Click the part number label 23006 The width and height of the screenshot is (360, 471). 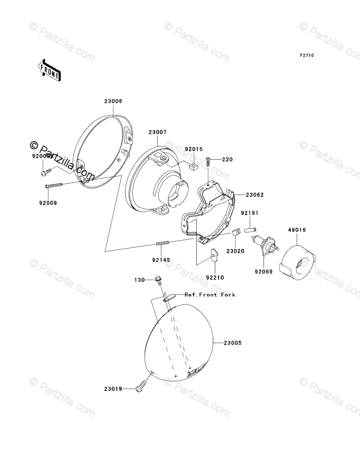click(x=113, y=102)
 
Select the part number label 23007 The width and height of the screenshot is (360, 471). click(x=157, y=132)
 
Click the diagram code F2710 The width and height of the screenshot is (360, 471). click(x=306, y=56)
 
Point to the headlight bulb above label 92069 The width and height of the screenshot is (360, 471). click(x=263, y=247)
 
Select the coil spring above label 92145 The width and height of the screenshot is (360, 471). click(x=163, y=243)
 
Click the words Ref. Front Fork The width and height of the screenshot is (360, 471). click(x=210, y=295)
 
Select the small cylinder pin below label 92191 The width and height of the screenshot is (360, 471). click(x=249, y=230)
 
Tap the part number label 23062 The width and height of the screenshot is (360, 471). click(x=255, y=195)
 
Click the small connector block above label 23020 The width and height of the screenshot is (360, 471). click(x=236, y=233)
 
